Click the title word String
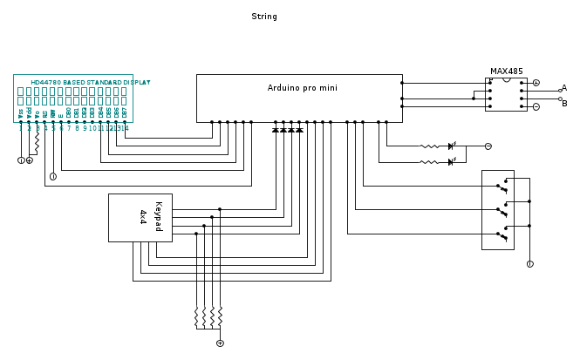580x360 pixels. click(263, 17)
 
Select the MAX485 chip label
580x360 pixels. click(506, 71)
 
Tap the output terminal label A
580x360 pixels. click(564, 88)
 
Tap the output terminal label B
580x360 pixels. click(564, 104)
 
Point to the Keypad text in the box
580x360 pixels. click(158, 217)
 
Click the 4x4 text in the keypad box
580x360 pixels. click(143, 217)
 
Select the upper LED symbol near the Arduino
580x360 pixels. click(451, 146)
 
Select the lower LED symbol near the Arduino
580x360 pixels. click(451, 162)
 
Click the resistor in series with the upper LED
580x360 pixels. click(430, 146)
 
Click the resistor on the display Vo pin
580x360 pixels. click(37, 140)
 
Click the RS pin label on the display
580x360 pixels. click(44, 113)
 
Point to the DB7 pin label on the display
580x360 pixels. click(124, 113)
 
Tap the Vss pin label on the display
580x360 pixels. click(21, 113)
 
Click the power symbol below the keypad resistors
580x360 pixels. click(220, 343)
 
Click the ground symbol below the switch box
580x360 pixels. click(529, 263)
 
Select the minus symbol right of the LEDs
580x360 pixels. click(488, 146)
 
